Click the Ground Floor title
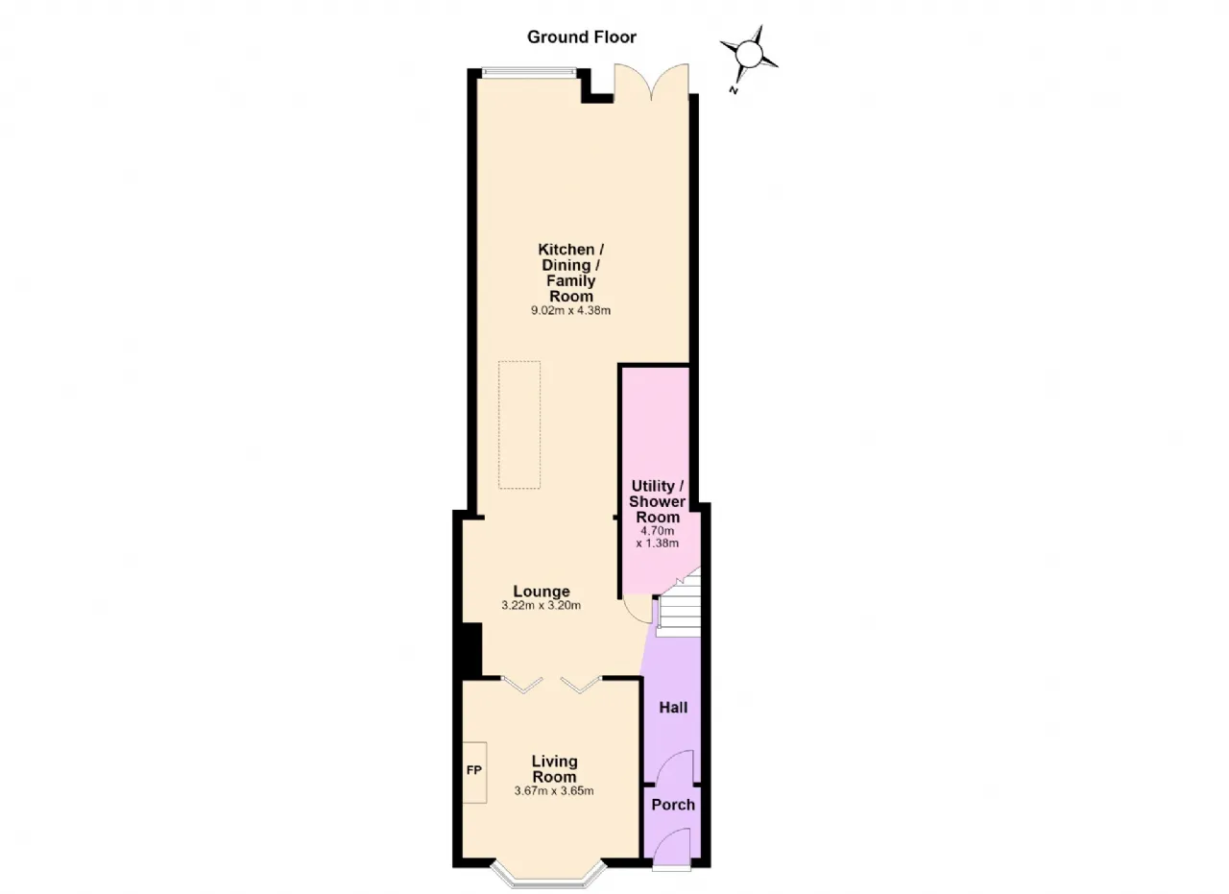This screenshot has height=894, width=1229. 581,37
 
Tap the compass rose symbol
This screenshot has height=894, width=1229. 749,55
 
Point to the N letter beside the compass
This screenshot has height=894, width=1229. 733,90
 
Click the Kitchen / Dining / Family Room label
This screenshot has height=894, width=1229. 570,273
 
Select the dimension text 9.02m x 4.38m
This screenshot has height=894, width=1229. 570,310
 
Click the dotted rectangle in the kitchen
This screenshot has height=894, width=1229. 519,424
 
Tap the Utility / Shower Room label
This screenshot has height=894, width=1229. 658,501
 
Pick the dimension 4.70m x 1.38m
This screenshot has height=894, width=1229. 658,538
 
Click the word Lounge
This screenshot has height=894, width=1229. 541,592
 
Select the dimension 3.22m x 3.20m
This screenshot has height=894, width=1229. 541,606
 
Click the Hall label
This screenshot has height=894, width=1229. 673,708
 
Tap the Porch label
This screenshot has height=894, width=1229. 673,805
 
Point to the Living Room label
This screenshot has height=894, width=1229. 554,769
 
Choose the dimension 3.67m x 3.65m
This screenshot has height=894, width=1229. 554,791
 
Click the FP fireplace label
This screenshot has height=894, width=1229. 474,770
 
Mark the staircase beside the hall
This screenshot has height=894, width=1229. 679,603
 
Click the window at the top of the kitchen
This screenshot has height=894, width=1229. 529,72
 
